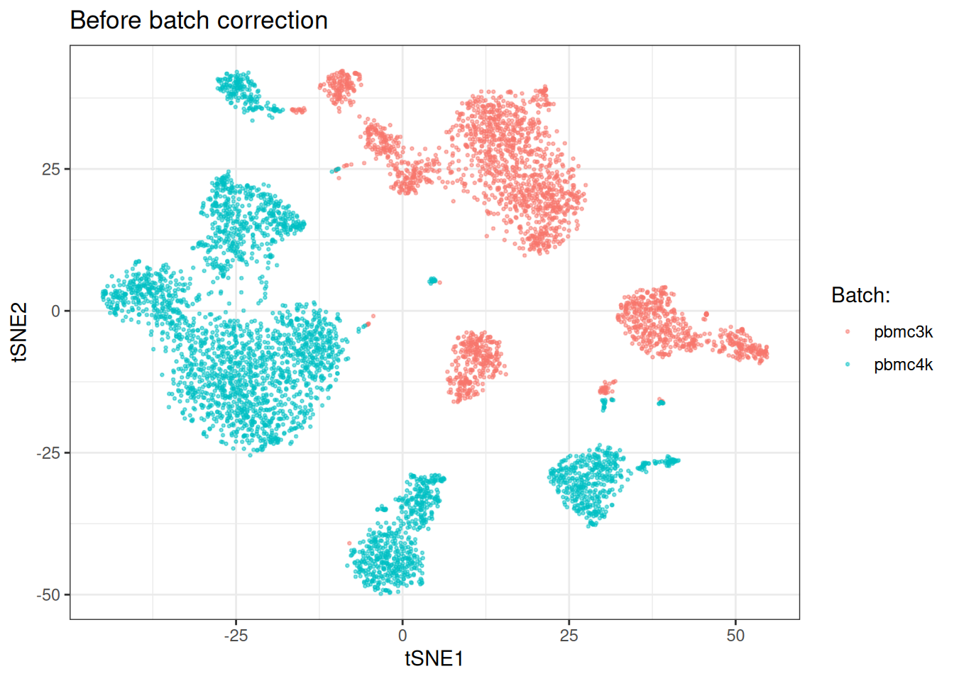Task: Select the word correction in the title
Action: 273,21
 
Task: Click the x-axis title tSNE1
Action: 434,659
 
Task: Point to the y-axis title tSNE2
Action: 19,332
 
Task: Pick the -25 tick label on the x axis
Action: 236,636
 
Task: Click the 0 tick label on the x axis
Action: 402,636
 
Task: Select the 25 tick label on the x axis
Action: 569,636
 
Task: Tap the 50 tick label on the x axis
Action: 735,636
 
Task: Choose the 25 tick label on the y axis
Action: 51,169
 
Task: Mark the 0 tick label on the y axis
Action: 56,311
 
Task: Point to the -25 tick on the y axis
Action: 49,453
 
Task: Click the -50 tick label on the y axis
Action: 49,594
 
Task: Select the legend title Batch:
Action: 860,295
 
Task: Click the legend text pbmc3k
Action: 903,332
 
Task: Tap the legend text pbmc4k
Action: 903,365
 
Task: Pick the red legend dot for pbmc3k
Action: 848,332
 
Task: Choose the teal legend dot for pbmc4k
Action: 848,365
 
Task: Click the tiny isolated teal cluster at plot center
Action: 432,281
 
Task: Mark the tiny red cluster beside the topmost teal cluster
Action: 299,110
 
